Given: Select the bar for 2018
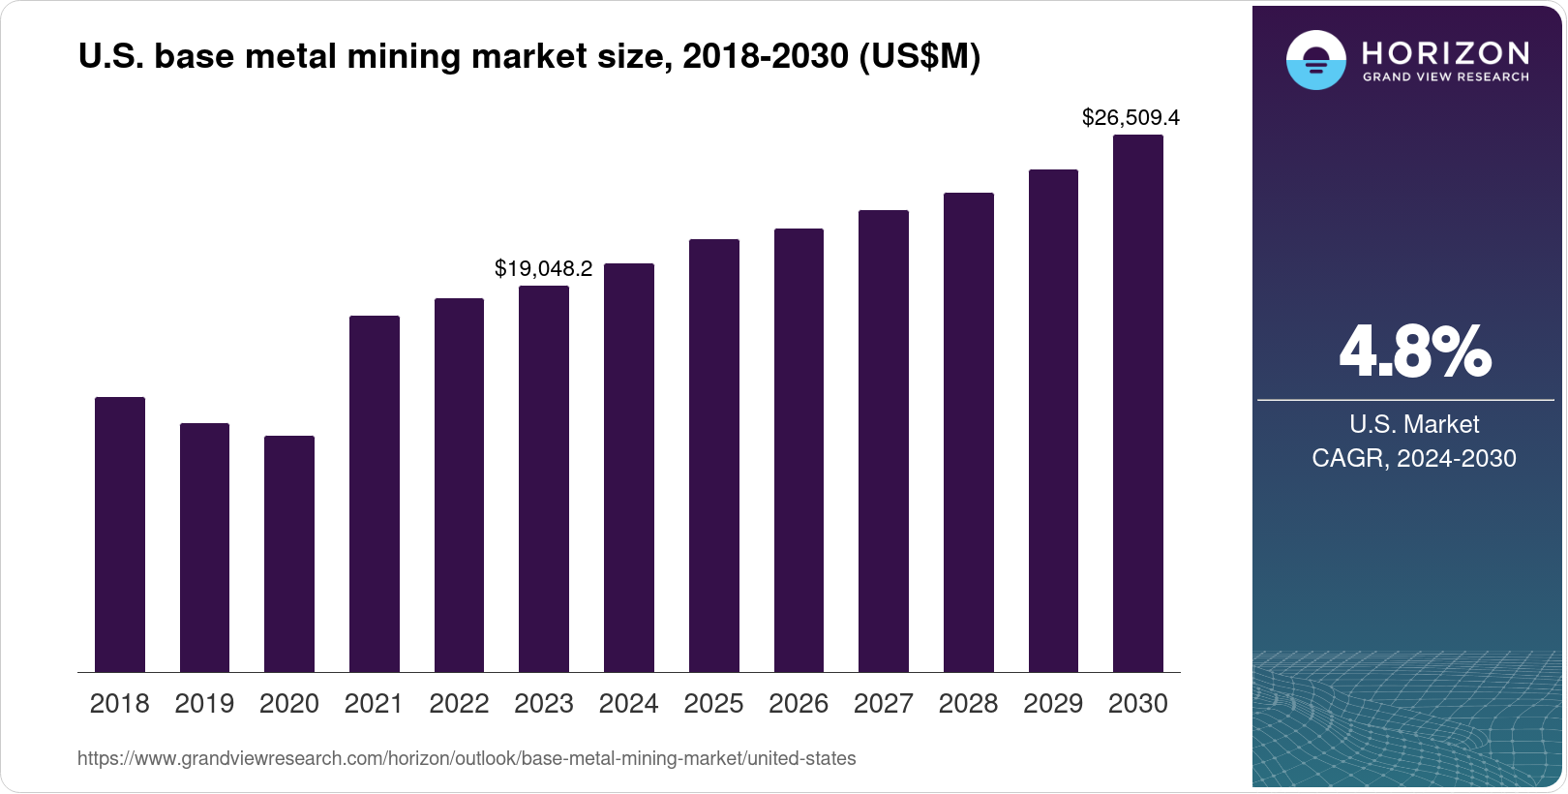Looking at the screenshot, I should tap(120, 534).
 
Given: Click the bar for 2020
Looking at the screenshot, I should tap(289, 554).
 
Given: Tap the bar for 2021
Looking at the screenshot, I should tap(375, 494).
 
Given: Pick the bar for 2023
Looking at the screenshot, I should tap(544, 479).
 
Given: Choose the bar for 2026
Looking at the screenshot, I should tap(799, 450).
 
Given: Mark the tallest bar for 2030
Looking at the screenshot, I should tap(1138, 404).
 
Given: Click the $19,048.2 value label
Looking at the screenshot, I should tap(543, 269).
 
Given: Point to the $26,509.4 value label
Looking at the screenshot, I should tap(1131, 118).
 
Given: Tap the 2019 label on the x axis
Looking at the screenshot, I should tap(204, 704).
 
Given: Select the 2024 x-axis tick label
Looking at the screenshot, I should tap(628, 704).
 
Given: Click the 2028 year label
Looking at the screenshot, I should tap(968, 704).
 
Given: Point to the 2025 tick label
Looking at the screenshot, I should tap(713, 704).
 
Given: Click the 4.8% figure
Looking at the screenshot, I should tap(1414, 352).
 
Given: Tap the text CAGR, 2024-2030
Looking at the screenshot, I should tap(1413, 458).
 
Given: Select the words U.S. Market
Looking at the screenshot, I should tap(1414, 424).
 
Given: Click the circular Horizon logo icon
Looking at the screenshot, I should tap(1315, 60).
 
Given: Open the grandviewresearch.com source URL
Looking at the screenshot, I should tap(467, 759).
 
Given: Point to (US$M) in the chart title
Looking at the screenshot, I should tap(920, 57).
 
